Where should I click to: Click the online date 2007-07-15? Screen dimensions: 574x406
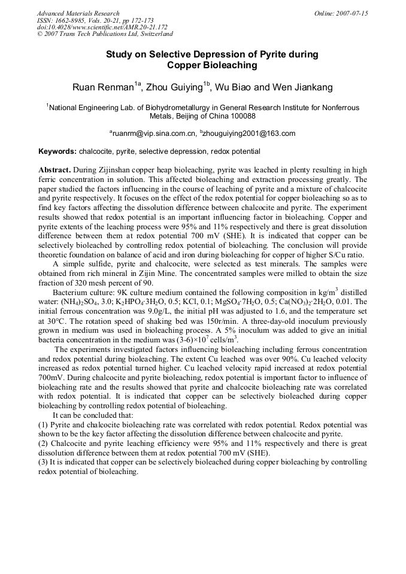[352, 13]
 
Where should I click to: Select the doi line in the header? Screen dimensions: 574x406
[102, 28]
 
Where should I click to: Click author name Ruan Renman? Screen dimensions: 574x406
[102, 88]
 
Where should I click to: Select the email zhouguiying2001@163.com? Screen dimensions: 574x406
[250, 133]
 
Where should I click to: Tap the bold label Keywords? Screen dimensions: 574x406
[57, 151]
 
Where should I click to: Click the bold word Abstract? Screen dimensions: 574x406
[55, 169]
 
